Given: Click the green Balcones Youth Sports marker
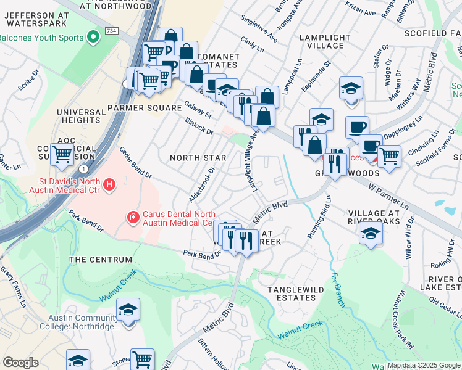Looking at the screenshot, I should tap(94, 38).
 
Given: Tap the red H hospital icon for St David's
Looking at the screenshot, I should tap(109, 184).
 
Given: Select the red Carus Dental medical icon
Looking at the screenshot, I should tap(133, 216).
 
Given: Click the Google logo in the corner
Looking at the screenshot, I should tap(21, 363).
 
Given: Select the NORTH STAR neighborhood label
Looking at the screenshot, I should tap(198, 158).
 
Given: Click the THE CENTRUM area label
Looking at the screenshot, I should tap(101, 260).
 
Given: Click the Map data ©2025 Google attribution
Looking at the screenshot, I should tap(423, 365).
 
